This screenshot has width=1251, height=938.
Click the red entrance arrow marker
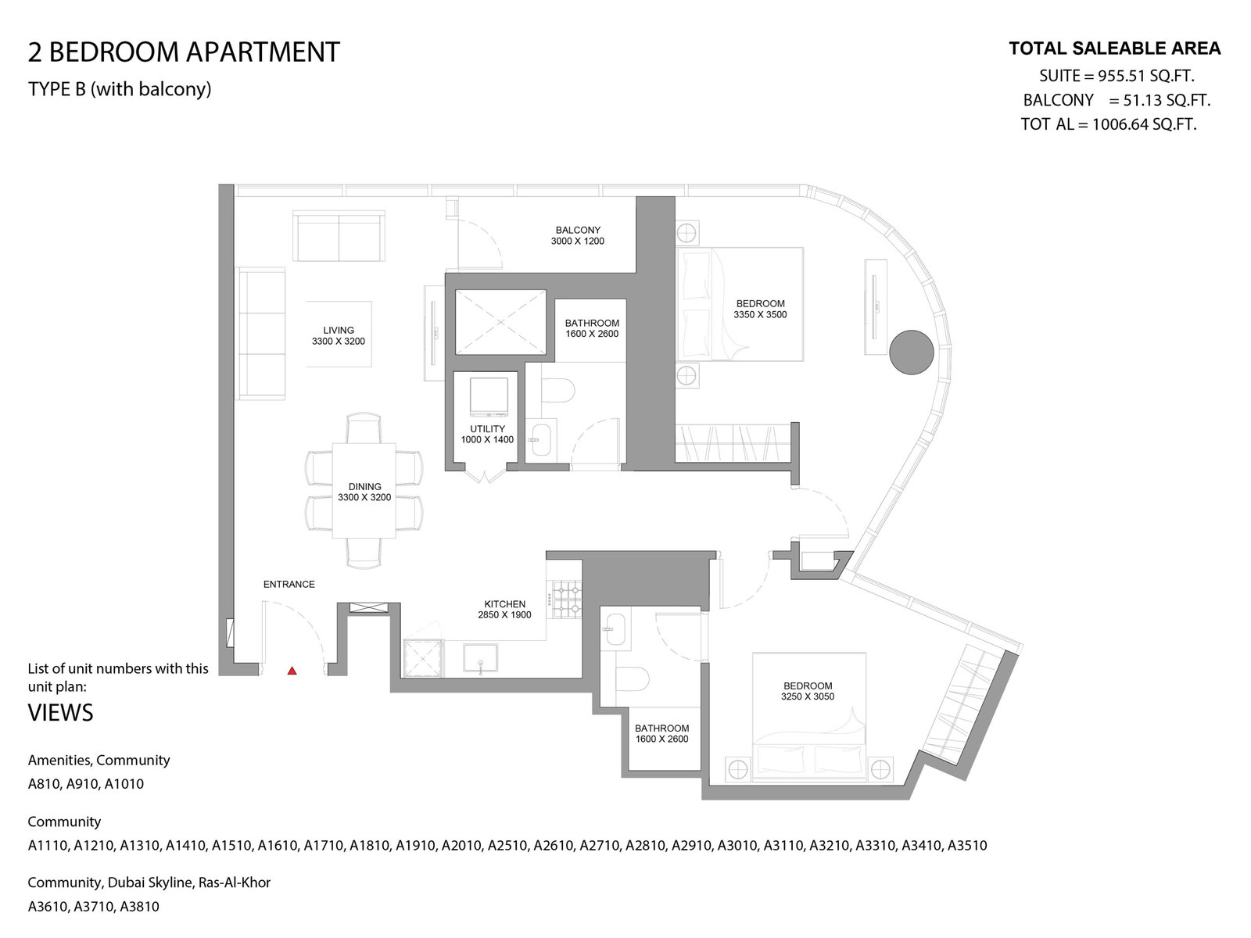tap(292, 671)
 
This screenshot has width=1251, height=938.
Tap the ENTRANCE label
tap(289, 585)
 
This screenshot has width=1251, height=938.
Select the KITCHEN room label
tap(505, 604)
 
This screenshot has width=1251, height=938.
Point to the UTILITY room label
tap(487, 429)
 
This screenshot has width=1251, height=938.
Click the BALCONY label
tap(578, 230)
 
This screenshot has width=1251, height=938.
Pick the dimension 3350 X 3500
tap(760, 315)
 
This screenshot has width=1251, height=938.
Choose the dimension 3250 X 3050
tap(808, 696)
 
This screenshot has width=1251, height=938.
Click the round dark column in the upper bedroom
tap(912, 353)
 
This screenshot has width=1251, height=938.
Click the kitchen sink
tap(480, 658)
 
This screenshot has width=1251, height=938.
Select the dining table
tap(364, 490)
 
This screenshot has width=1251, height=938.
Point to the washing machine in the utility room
tap(489, 397)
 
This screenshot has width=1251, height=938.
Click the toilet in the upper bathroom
tap(557, 392)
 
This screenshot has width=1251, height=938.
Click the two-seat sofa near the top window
tap(339, 236)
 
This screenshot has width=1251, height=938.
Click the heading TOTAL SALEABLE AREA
tap(1115, 48)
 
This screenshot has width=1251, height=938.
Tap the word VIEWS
tap(60, 713)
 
